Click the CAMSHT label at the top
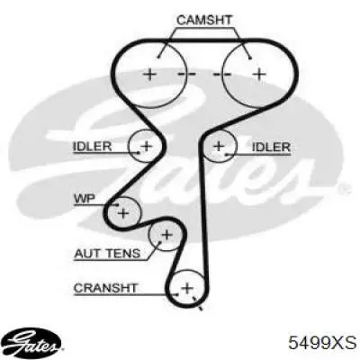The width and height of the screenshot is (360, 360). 204,20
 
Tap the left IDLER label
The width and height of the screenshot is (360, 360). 92,147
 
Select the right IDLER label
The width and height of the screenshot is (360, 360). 271,147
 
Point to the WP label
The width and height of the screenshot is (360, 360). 85,199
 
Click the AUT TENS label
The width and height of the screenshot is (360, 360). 107,254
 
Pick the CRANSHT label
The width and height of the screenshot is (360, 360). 105,288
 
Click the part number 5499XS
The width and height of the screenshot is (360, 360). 322,342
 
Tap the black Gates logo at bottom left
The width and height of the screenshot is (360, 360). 33,342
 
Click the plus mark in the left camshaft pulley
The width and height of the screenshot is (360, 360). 149,74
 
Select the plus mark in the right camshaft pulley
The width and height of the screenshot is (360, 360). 259,74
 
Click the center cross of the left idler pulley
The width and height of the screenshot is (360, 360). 147,146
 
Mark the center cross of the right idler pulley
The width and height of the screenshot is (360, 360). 220,146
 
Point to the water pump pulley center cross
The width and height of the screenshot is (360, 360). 123,213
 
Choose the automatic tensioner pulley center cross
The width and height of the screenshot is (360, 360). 166,234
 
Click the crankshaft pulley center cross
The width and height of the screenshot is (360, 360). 187,288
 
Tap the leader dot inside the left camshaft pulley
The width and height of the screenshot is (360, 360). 158,57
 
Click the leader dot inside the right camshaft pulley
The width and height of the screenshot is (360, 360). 250,58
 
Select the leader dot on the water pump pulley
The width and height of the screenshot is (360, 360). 117,204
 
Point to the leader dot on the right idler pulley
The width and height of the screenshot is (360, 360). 227,154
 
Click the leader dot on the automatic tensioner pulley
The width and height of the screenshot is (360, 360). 160,242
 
